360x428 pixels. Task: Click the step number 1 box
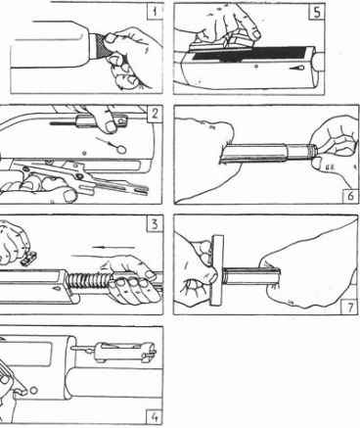click(x=154, y=12)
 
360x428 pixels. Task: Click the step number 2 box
click(x=155, y=114)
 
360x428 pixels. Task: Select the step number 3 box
click(x=155, y=224)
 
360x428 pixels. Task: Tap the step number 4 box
click(x=156, y=416)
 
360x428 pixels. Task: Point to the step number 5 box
click(x=316, y=13)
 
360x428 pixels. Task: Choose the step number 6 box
click(x=351, y=196)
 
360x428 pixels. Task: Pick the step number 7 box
click(x=349, y=307)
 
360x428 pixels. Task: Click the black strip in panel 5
click(x=249, y=54)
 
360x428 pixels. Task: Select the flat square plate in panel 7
click(x=217, y=270)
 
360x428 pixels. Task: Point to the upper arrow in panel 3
click(x=113, y=247)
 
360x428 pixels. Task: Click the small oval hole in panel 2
click(x=121, y=150)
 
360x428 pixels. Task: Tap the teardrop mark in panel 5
click(x=297, y=69)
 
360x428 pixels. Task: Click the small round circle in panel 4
click(x=33, y=390)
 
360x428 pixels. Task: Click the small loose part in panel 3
click(x=28, y=259)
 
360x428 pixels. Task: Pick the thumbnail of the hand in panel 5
click(x=255, y=34)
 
